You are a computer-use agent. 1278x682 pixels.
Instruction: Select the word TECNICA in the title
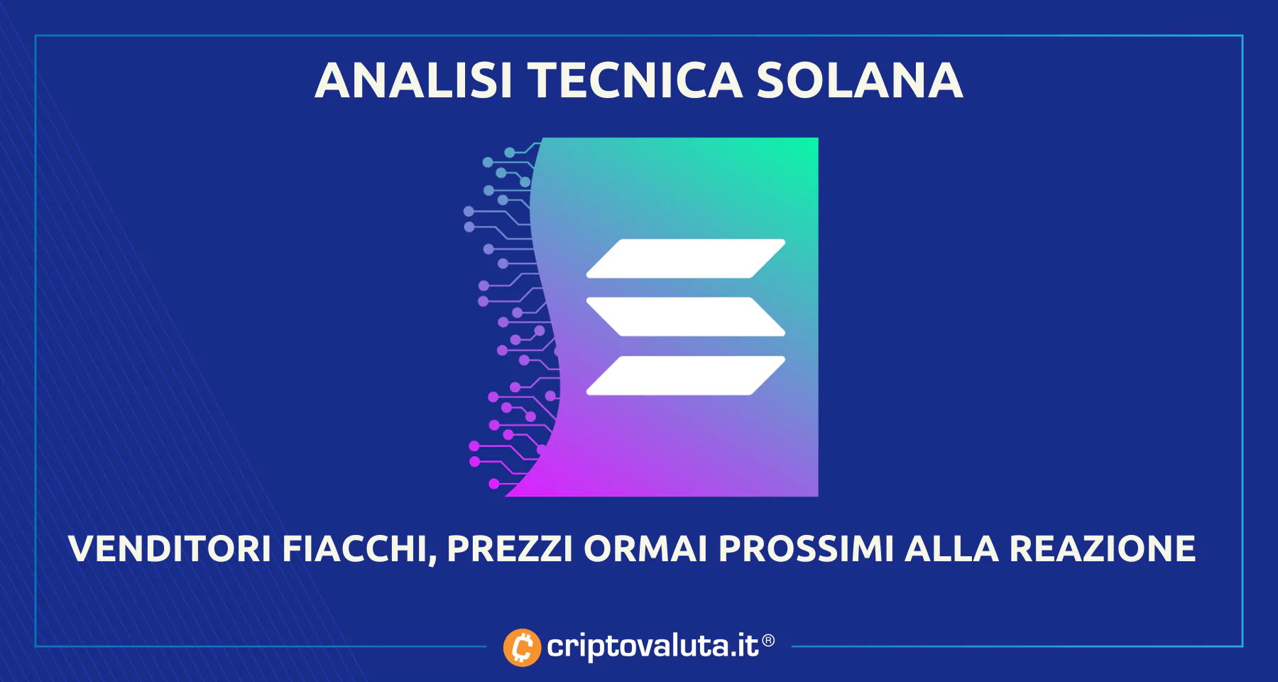635,80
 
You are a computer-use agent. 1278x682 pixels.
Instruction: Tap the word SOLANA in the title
859,80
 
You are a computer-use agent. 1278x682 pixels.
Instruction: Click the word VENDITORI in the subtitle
170,548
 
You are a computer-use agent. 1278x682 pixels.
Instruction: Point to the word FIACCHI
354,548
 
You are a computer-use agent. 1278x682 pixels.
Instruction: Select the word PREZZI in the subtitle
509,548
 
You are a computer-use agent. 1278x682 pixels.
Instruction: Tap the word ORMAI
645,548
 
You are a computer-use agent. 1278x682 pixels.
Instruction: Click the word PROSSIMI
806,548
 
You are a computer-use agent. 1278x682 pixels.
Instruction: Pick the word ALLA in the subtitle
951,548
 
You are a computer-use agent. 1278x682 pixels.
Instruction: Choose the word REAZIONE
1103,548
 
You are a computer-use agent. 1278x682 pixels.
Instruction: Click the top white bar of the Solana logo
686,259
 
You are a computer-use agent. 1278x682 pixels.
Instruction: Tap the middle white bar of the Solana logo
686,317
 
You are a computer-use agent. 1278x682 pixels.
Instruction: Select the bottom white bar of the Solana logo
686,375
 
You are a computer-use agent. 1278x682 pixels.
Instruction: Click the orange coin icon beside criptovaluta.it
522,647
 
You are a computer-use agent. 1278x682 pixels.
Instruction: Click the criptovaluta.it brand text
653,646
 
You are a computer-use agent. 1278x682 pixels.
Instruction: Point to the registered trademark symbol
768,641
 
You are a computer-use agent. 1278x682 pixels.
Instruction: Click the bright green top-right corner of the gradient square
816,139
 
